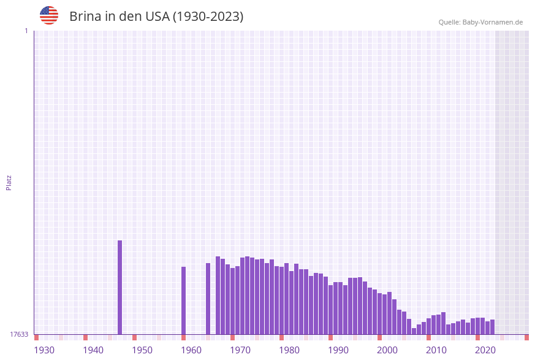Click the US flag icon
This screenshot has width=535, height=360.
coord(49,15)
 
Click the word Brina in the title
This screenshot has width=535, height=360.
coord(85,17)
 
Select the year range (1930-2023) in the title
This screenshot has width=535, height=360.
coord(208,17)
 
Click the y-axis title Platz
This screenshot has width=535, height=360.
coord(9,182)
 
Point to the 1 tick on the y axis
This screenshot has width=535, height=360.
coord(26,31)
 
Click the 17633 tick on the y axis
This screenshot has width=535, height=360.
coord(18,334)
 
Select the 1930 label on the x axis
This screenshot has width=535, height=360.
coord(44,350)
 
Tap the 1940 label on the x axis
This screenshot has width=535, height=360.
coord(93,350)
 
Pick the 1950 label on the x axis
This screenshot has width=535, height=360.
coord(142,350)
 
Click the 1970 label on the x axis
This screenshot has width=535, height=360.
coord(240,350)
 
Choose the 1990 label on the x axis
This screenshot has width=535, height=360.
coord(338,350)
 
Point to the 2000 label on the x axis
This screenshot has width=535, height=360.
coord(387,350)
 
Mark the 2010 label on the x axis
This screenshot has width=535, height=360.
coord(436,350)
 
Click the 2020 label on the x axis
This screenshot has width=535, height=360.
coord(485,350)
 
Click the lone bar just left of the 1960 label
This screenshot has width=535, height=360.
coord(183,301)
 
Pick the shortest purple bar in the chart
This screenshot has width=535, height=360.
coord(414,331)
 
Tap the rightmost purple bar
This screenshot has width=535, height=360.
coord(492,327)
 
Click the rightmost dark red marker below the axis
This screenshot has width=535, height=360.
coord(526,337)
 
